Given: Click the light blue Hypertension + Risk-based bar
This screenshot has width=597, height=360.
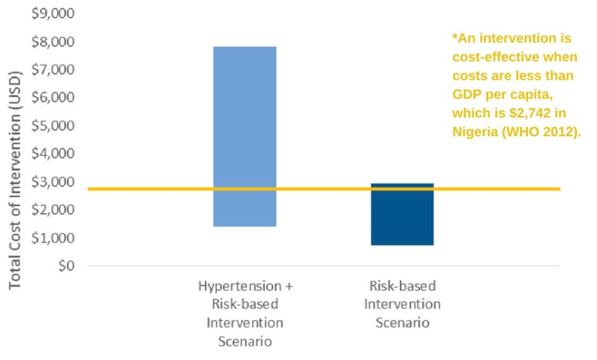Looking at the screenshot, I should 245,136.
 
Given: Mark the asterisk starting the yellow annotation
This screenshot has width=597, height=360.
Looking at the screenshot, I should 455,37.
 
